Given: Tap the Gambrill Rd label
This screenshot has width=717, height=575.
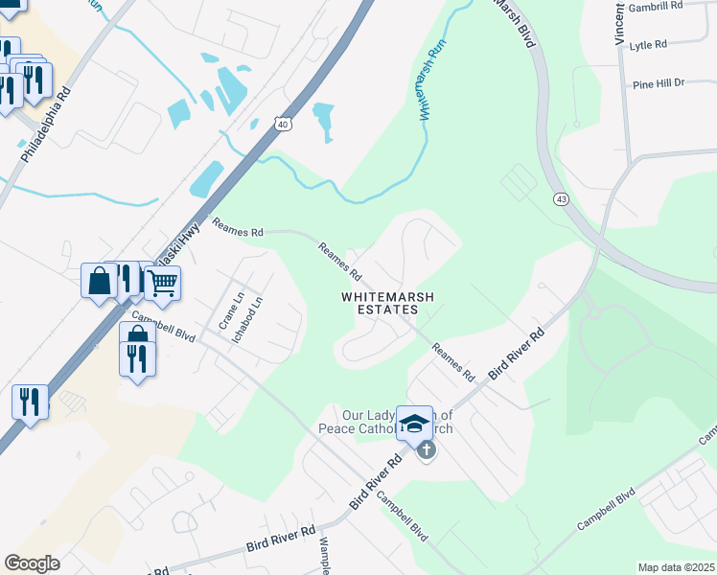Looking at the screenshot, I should pyautogui.click(x=656, y=6).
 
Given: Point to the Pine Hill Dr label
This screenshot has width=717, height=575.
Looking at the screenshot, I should pyautogui.click(x=659, y=84).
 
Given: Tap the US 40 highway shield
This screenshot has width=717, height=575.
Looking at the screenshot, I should pyautogui.click(x=281, y=124).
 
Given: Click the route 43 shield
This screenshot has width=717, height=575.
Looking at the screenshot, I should pyautogui.click(x=560, y=197).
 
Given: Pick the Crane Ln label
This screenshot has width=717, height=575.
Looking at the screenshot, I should pyautogui.click(x=225, y=311).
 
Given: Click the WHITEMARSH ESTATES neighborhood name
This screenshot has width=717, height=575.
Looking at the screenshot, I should pyautogui.click(x=387, y=304).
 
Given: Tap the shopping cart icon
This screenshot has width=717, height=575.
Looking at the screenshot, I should pyautogui.click(x=163, y=283).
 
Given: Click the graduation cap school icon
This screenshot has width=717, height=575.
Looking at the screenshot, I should pyautogui.click(x=414, y=424).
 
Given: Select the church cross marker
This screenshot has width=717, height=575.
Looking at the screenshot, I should pyautogui.click(x=427, y=448).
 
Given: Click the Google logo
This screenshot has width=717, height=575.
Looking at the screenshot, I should pyautogui.click(x=32, y=563).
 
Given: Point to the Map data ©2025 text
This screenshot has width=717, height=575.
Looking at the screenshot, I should pyautogui.click(x=676, y=567).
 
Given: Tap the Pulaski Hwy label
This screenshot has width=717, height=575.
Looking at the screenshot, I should pyautogui.click(x=173, y=248).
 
